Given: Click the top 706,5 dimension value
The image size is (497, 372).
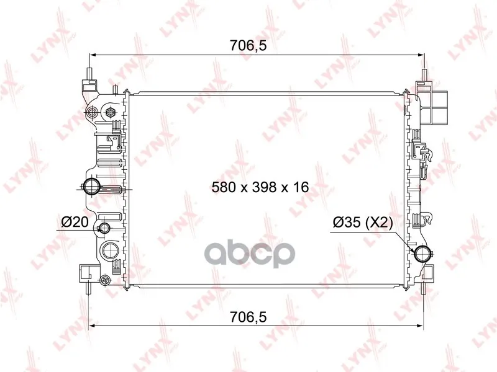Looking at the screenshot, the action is (x=248, y=46).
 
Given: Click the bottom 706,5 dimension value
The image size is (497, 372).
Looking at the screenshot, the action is (x=248, y=317).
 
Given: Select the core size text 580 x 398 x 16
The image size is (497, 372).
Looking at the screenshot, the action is (x=260, y=187).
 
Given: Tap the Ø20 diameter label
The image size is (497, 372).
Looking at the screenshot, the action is (x=75, y=222).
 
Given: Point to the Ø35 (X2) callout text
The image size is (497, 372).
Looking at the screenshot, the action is (x=363, y=223).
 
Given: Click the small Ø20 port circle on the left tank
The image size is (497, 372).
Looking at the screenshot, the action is (x=104, y=227).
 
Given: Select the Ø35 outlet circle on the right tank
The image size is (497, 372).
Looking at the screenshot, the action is (x=423, y=254).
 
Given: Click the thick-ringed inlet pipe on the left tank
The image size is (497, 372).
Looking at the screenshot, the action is (x=91, y=187).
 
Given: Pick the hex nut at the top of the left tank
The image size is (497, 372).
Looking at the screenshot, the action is (x=111, y=112).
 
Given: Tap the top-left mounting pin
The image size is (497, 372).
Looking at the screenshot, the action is (x=89, y=74).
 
